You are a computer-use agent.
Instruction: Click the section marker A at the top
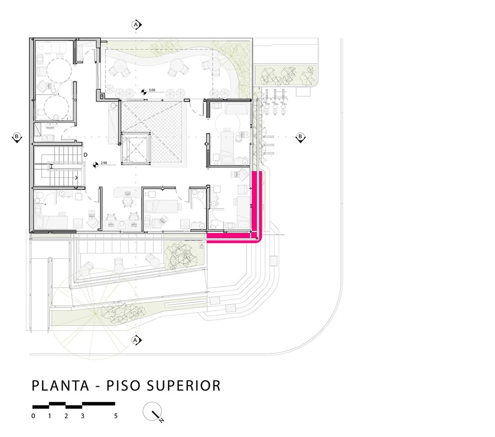tap(137, 25)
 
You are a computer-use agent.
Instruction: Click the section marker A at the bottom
tap(136, 340)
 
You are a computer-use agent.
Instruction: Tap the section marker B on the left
tap(16, 138)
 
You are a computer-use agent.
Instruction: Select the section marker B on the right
tap(300, 138)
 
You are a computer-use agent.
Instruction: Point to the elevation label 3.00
tap(152, 90)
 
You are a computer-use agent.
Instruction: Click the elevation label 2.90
tap(104, 163)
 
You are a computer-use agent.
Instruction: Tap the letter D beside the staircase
tap(85, 155)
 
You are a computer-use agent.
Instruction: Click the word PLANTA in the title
tap(60, 386)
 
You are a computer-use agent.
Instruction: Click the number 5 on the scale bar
tap(116, 416)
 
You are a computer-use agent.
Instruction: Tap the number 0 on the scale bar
tap(33, 416)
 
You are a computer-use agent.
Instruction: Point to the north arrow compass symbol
tap(153, 412)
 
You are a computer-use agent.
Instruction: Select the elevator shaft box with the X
tap(136, 148)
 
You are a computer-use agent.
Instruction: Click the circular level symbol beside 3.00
tap(143, 92)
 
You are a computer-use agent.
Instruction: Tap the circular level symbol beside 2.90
tap(95, 165)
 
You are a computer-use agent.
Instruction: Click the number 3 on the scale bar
tap(82, 416)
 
